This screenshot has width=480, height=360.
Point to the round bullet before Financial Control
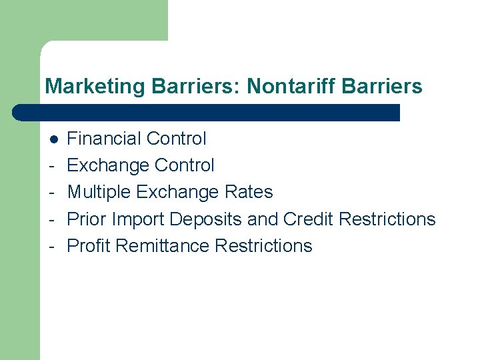pos(53,139)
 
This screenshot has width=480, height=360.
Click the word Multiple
pos(99,192)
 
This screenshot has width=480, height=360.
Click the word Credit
pos(308,219)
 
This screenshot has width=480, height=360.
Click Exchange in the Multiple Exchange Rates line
pos(177,192)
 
